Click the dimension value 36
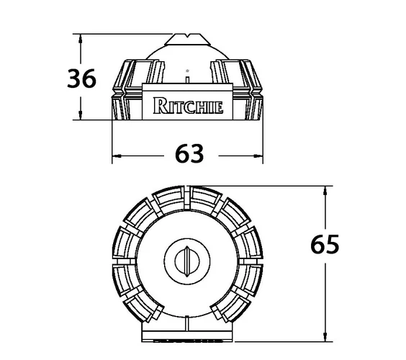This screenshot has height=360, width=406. coord(81,78)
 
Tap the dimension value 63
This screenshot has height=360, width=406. coord(189,153)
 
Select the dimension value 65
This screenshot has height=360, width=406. coord(325,244)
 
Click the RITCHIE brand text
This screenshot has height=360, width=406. coord(188,106)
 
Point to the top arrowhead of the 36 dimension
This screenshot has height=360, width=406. coord(81,38)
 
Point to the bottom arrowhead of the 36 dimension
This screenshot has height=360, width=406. coord(81,115)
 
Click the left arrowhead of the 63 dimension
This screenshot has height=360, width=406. coord(117,156)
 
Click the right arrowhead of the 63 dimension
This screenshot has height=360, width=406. coord(258,156)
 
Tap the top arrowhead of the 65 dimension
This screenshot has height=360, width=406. coord(325,190)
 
